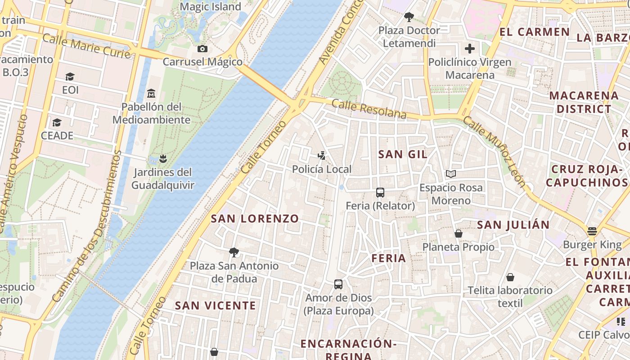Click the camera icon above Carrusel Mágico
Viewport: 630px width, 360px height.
[x=202, y=49]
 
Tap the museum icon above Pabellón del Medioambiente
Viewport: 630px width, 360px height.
[x=151, y=94]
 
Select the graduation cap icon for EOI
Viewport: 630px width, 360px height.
[x=70, y=77]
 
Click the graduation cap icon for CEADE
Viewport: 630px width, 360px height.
[x=57, y=123]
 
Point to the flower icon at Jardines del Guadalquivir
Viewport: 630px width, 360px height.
[x=163, y=158]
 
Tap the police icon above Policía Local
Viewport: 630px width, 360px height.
[x=321, y=156]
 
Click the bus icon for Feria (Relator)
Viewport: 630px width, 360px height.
[x=380, y=193]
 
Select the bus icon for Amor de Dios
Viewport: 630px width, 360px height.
[x=338, y=284]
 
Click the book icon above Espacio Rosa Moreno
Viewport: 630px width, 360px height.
[x=451, y=174]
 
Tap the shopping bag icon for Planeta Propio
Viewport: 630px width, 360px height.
[x=458, y=234]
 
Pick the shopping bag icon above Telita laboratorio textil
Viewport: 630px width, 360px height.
[x=510, y=277]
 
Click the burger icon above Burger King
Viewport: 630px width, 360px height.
[x=592, y=231]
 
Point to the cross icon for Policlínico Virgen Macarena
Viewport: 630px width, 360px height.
[x=470, y=49]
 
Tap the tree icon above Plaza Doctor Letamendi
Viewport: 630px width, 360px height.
[x=409, y=17]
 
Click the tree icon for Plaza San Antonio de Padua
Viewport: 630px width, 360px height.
[x=234, y=252]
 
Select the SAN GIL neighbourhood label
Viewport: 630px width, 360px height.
[x=403, y=154]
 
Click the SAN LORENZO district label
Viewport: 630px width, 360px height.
[x=255, y=219]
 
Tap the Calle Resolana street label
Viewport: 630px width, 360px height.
[x=369, y=109]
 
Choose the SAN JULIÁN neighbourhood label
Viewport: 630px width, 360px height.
[x=513, y=225]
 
